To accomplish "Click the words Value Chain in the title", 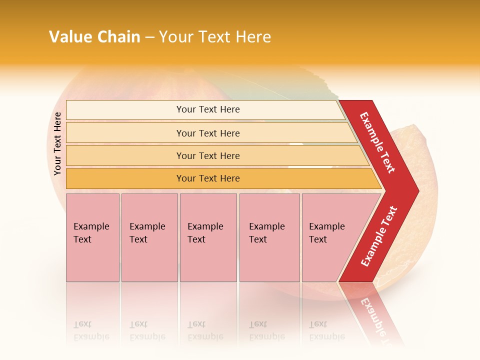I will (x=94, y=36).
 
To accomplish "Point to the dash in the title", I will (x=149, y=37).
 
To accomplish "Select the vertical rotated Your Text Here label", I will (x=57, y=144).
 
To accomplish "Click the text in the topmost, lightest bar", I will (x=208, y=109).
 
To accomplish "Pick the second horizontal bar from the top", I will (x=208, y=133).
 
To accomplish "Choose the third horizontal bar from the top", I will (x=208, y=155).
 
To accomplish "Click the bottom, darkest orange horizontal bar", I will (x=208, y=178).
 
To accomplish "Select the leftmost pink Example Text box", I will (x=92, y=237).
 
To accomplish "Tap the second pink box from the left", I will (x=149, y=237).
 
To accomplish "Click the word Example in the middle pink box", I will (x=205, y=226).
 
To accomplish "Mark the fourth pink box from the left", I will (x=269, y=237).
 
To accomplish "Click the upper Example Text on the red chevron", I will (x=378, y=142).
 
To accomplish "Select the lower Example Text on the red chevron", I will (x=379, y=236).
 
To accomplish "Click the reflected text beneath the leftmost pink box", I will (x=91, y=330).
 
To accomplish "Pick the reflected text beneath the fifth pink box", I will (x=326, y=330).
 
